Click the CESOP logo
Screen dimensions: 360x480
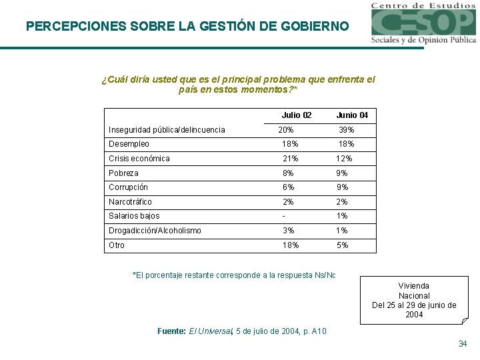tap(423, 23)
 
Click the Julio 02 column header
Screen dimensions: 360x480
tap(296, 115)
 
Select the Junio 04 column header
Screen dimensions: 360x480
tap(352, 115)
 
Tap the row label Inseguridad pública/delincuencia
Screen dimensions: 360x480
tap(167, 130)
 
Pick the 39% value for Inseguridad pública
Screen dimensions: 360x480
tap(347, 130)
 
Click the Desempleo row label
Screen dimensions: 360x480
tap(129, 144)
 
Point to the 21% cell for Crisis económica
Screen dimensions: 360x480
tap(291, 159)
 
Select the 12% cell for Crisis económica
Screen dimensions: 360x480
tap(345, 159)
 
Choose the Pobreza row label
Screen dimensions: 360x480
tap(123, 173)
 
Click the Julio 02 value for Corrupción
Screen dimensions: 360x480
tap(288, 187)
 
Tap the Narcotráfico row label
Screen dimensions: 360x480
tap(130, 202)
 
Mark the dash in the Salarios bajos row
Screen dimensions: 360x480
tap(284, 216)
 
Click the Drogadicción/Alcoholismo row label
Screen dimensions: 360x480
tap(155, 231)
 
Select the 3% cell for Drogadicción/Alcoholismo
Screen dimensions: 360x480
tap(288, 231)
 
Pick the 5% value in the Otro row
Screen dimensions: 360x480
tap(343, 245)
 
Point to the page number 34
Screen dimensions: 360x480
tap(463, 344)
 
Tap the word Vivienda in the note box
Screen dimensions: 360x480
tap(414, 286)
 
